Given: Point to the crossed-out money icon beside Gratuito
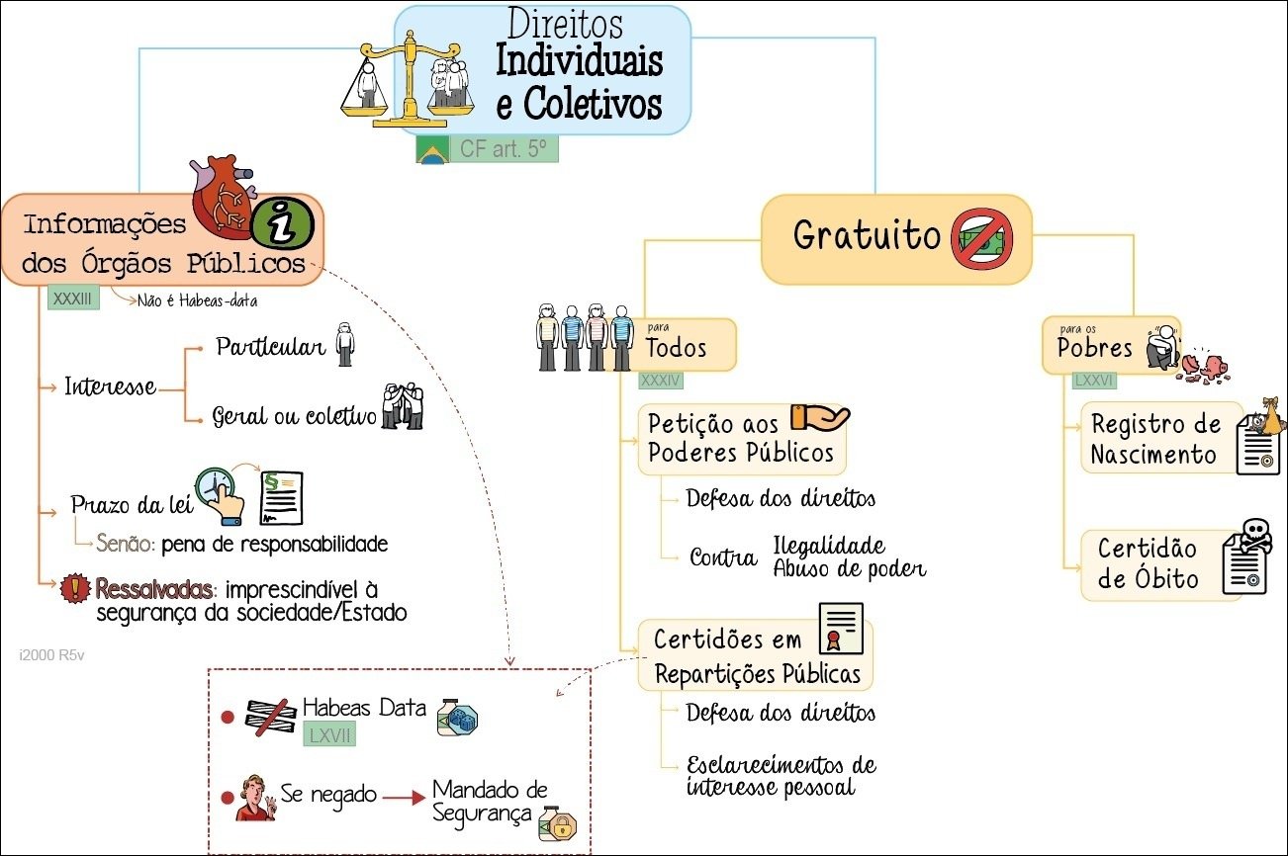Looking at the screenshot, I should pos(982,241).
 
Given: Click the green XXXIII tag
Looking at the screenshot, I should pos(73,298).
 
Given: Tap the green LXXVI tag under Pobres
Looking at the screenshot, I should pos(1095,381).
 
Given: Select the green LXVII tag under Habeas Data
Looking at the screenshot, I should pos(329,735).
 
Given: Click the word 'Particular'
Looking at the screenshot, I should pos(270,348).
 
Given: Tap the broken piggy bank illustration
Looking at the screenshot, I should pos(1206,365).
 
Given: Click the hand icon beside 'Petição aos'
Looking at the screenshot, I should pos(820,418).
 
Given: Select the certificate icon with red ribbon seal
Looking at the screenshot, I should pos(841,628).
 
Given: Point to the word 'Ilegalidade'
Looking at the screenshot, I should pos(829,546).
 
